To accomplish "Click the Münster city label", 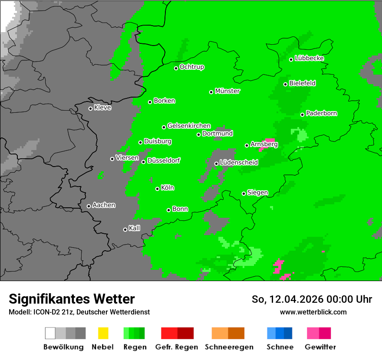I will coord(227,91).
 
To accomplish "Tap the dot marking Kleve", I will coord(90,108).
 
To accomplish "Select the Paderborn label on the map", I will coord(321,113).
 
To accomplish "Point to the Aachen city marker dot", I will coord(89,206).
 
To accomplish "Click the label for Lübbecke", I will coord(309,58).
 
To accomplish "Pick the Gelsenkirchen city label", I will coord(189,126).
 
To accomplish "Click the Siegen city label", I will coord(257,193).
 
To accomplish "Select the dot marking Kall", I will coord(125,229).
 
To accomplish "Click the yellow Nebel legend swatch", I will coord(103,333).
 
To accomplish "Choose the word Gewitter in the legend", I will coord(320,347).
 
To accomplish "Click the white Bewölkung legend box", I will coord(50,333).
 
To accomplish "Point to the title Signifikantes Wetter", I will coord(72,299).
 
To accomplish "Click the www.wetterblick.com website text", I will coord(313,312).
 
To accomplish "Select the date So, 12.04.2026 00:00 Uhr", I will coord(312,299).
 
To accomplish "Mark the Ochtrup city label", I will coord(191,67).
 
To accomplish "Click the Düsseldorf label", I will coord(164,160).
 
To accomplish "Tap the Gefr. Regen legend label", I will coord(177,347).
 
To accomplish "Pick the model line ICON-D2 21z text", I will coord(79,312).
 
